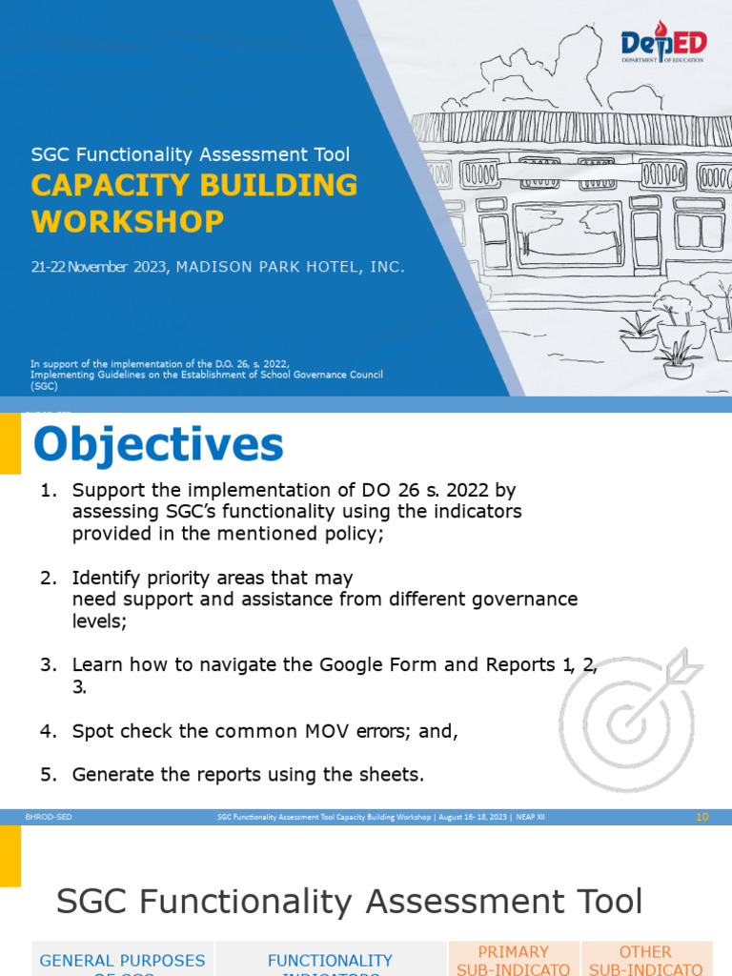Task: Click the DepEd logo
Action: pos(662,45)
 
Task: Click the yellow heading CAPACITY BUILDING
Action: pos(194,185)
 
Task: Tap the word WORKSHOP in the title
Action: pos(128,222)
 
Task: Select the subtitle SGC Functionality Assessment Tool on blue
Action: pos(191,154)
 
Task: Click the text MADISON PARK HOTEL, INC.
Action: pos(291,267)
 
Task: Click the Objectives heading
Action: pos(158,445)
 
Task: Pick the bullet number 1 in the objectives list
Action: pos(49,490)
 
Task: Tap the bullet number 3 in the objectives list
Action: pos(49,664)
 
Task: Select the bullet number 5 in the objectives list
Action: pos(49,775)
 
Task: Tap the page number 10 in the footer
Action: pos(702,817)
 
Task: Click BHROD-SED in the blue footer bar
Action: pos(49,817)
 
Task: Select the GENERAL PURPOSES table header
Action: pos(122,961)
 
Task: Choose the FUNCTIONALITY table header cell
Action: pos(330,961)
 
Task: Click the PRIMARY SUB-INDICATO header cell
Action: pos(514,960)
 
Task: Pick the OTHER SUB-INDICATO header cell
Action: pos(645,960)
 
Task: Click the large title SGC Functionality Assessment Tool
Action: pos(349,901)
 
